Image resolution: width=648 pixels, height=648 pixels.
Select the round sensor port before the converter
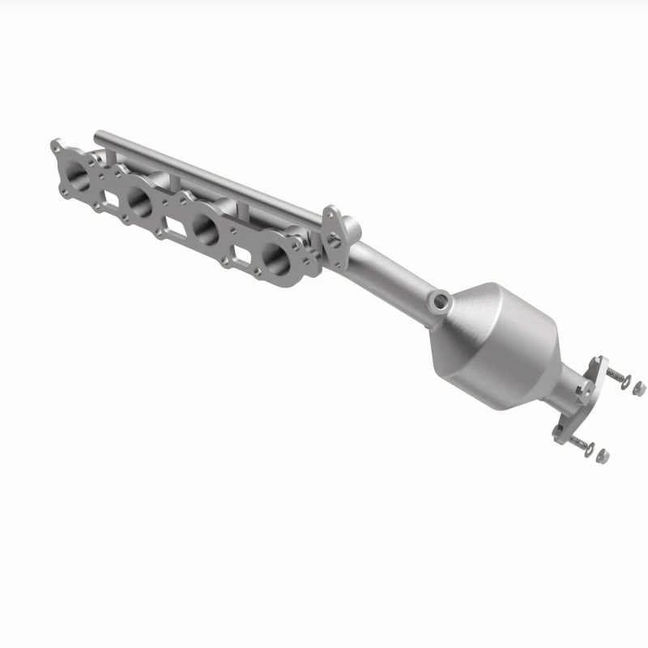pyautogui.click(x=439, y=302)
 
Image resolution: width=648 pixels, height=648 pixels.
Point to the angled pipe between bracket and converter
pyautogui.click(x=389, y=267)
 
